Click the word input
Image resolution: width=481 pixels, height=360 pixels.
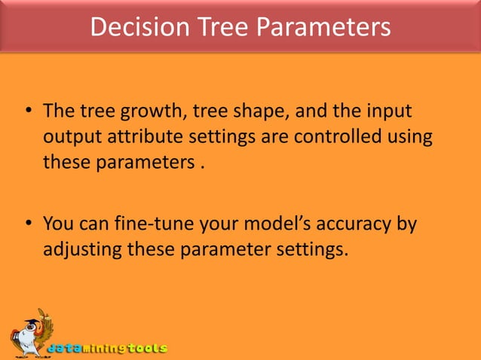pos(387,113)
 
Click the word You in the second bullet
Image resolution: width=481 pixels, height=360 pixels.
pos(58,224)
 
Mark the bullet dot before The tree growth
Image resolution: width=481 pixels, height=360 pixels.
pos(27,113)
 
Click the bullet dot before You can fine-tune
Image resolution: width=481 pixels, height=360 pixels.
pos(27,224)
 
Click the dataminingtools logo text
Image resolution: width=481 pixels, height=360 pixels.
pos(108,349)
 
